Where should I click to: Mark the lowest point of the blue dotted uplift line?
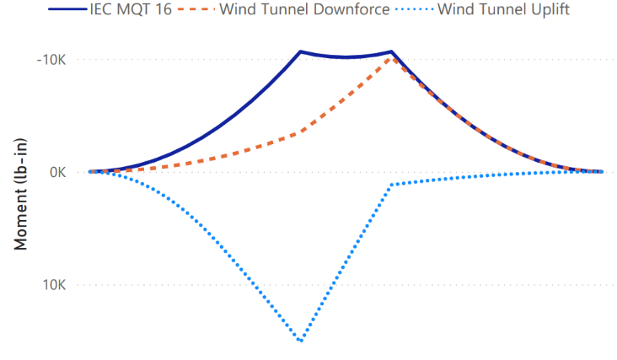301,341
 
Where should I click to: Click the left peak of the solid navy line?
301,51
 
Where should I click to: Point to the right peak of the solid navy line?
391,51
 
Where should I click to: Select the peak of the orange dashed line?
391,57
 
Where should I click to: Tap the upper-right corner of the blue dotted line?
389,185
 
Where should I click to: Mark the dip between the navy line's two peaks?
346,57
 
